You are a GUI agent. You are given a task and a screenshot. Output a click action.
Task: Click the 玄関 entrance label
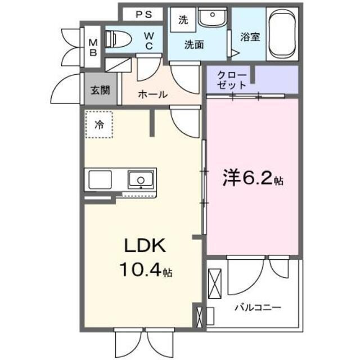tap(101, 89)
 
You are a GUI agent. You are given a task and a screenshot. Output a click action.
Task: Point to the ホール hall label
tap(152, 94)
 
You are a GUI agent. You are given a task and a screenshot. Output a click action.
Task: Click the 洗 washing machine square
tap(183, 21)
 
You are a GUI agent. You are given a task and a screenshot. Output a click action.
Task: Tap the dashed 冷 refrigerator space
tap(99, 125)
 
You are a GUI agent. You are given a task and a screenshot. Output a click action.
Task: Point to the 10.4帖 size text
tap(145, 271)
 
